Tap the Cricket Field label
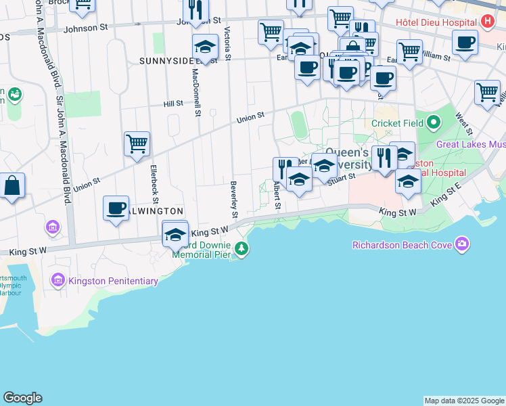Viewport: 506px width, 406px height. [x=397, y=123]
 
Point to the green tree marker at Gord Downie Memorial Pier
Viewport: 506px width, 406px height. [x=241, y=250]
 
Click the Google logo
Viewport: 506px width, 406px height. [x=22, y=398]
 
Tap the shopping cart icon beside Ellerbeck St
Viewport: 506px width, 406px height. [x=137, y=143]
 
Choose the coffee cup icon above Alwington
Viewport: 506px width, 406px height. [x=116, y=207]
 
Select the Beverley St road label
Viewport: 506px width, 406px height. [x=234, y=199]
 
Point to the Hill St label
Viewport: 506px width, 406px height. [x=173, y=104]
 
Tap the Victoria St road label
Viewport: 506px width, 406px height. [x=228, y=44]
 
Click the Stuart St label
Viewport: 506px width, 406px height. [x=342, y=177]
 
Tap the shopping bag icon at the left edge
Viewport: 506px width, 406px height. [x=12, y=185]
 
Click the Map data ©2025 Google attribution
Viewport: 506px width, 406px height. [x=464, y=401]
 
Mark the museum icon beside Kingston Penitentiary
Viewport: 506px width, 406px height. [x=57, y=279]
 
